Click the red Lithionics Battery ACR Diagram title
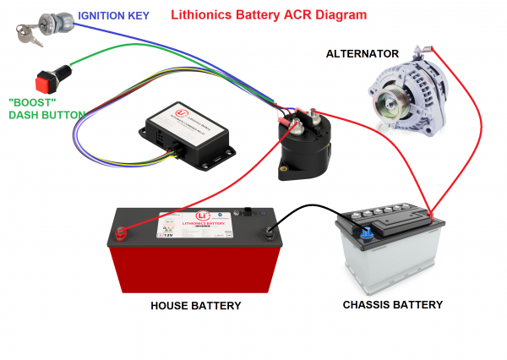click(269, 15)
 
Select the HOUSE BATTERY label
click(195, 306)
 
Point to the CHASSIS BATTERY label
click(392, 304)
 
